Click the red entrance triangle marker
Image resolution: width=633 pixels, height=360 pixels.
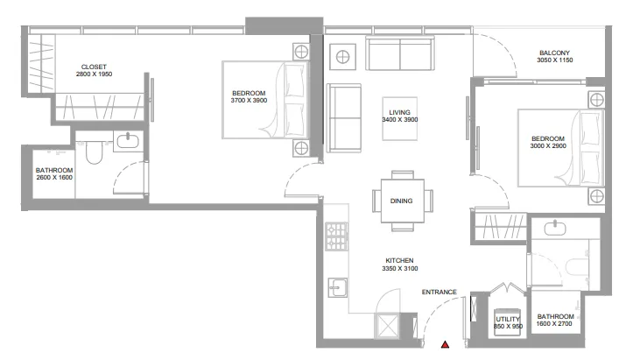click(445, 344)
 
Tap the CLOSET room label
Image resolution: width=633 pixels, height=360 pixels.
click(94, 67)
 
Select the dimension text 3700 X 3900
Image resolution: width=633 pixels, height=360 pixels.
click(249, 100)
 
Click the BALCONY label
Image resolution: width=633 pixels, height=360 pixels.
click(555, 53)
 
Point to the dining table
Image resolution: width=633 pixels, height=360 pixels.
click(403, 201)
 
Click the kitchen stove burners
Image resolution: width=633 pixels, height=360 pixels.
click(337, 236)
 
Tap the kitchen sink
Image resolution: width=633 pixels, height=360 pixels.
click(337, 287)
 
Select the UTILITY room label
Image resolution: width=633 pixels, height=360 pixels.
click(508, 319)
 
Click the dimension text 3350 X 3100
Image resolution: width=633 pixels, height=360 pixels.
click(399, 268)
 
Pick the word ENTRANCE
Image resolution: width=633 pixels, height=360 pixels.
click(440, 293)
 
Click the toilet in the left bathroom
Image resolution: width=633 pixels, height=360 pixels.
click(94, 152)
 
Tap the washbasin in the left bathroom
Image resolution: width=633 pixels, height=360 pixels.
click(128, 141)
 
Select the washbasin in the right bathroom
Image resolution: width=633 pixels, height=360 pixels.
click(555, 229)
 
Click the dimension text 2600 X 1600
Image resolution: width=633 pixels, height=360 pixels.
click(54, 178)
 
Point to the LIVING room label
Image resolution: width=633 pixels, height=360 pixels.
click(399, 112)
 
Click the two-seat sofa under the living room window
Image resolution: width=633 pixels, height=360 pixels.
click(400, 53)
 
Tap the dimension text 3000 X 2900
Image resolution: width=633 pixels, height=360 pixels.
click(548, 146)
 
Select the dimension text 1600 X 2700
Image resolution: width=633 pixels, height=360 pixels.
click(554, 323)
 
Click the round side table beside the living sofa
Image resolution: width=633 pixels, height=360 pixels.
click(342, 57)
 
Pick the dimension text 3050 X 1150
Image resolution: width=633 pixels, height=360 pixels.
click(555, 60)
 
